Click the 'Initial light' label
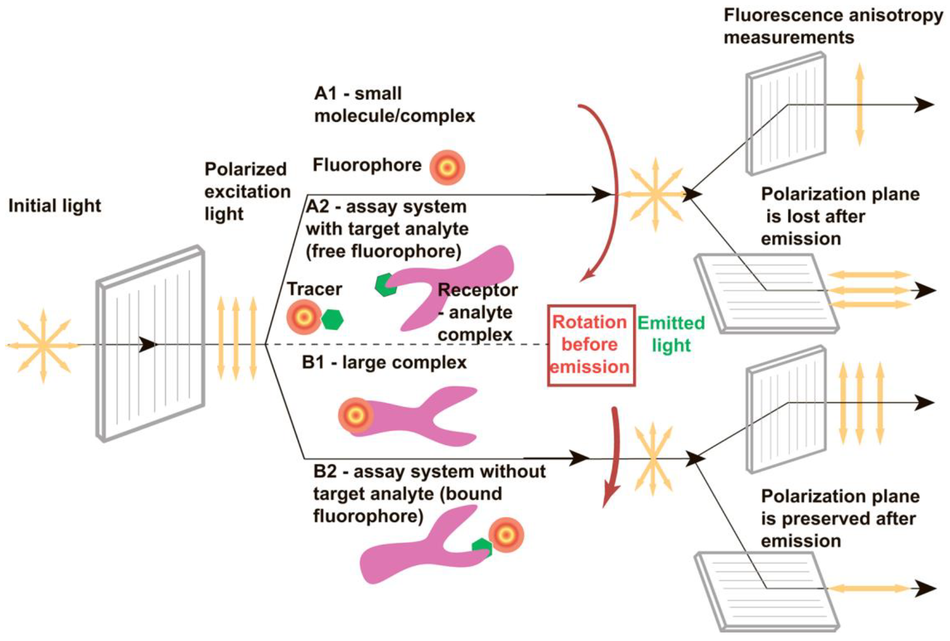(x=54, y=206)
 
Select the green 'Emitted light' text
(x=671, y=334)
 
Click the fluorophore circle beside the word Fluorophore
(x=447, y=168)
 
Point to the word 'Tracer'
(x=314, y=289)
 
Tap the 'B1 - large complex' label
(x=384, y=362)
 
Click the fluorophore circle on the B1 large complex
(x=355, y=416)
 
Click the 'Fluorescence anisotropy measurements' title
(x=833, y=26)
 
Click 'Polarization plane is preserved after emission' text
(x=840, y=518)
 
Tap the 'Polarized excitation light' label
(x=247, y=191)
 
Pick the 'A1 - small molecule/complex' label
(x=394, y=105)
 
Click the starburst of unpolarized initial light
(x=43, y=346)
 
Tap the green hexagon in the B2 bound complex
(x=482, y=547)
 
